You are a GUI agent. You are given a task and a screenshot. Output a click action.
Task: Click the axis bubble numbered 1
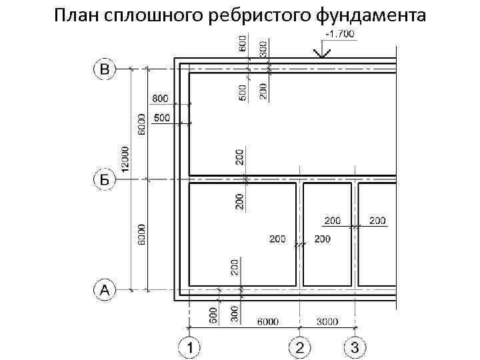click(190, 347)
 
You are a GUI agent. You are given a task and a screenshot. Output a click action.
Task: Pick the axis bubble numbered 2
click(299, 347)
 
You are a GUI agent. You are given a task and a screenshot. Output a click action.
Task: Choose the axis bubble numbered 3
click(354, 347)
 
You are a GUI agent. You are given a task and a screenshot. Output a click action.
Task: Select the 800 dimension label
click(161, 99)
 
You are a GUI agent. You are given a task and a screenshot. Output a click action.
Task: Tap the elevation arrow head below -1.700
click(323, 53)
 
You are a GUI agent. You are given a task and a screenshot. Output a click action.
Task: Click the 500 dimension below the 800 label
click(162, 118)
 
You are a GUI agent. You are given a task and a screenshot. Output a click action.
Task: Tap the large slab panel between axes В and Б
click(293, 123)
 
